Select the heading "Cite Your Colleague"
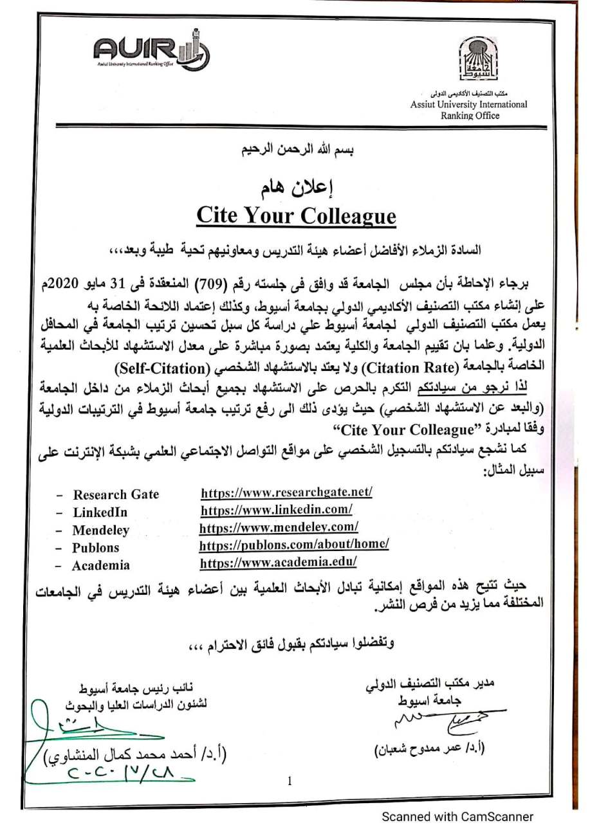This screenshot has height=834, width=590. coord(295,216)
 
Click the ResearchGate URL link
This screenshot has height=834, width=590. coord(286,493)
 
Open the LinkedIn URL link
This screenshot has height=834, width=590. coord(276,511)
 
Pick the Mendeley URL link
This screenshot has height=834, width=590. coord(279,527)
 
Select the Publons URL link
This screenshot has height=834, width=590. coord(294,545)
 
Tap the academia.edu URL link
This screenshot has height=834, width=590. coord(278,563)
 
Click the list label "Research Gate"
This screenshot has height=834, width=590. coord(116,494)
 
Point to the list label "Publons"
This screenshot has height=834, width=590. coord(97,548)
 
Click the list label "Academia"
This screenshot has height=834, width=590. coord(100,566)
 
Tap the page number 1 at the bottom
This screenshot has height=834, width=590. coord(290,781)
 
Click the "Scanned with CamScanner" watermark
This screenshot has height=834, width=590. coord(457,817)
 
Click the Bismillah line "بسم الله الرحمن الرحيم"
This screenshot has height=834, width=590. coord(295,152)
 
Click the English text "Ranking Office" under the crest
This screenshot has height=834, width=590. coord(470,116)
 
